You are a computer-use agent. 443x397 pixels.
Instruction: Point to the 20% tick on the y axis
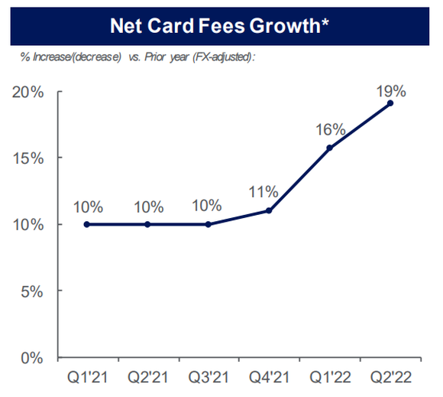point(27,92)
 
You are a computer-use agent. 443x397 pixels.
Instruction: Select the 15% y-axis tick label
point(27,158)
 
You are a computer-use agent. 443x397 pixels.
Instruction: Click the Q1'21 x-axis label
point(86,379)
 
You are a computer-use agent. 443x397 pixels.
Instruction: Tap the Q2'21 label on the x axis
point(147,379)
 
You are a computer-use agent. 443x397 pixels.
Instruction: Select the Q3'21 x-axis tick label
point(208,379)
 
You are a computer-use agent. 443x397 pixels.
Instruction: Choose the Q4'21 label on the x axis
point(269,379)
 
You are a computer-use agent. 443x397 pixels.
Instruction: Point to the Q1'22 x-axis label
point(329,379)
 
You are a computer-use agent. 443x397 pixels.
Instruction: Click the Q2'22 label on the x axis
point(390,379)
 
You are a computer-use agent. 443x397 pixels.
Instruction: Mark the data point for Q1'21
point(86,224)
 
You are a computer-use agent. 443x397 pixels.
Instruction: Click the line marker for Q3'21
point(208,224)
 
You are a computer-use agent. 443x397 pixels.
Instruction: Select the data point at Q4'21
point(269,210)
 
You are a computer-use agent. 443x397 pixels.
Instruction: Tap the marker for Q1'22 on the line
point(329,148)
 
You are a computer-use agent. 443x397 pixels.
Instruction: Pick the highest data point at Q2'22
point(390,103)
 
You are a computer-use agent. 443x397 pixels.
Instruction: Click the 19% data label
point(390,87)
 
